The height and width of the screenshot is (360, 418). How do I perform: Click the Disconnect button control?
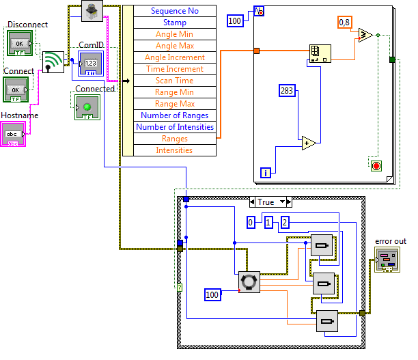tap(20, 43)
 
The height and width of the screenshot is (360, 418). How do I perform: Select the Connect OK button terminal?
tap(16, 89)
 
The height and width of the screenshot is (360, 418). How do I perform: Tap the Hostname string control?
tap(13, 134)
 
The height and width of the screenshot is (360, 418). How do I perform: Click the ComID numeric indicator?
tap(91, 64)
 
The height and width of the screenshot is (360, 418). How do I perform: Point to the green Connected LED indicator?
tap(87, 107)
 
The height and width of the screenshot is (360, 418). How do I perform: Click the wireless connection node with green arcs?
tap(53, 62)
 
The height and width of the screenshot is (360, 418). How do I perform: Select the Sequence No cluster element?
tap(175, 11)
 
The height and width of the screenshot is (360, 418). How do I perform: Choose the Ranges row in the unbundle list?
tap(175, 139)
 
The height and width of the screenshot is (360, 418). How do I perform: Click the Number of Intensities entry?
tap(175, 127)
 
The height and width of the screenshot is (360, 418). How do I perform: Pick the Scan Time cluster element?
tap(175, 81)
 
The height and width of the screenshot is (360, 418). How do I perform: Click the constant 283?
tap(287, 91)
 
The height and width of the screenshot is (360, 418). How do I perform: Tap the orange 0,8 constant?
tap(345, 22)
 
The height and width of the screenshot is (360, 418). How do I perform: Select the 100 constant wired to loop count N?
tap(235, 20)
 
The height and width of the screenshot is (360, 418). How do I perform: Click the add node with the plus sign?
tap(308, 143)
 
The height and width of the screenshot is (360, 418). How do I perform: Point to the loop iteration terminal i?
tap(266, 173)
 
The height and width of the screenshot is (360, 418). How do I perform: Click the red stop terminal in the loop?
tap(376, 166)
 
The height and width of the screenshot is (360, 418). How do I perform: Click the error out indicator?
tap(387, 260)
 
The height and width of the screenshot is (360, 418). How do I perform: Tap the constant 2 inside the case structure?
tap(285, 223)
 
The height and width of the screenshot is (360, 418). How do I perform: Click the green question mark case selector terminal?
tap(180, 288)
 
